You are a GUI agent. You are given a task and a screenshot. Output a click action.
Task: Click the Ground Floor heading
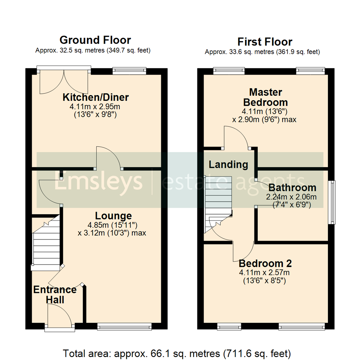95,40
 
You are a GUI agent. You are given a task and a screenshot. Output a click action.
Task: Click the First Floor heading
265,42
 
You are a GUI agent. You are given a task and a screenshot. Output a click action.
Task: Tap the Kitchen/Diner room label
96,98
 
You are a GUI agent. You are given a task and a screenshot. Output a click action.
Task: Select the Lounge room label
113,216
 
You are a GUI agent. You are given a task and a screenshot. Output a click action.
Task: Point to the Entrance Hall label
55,294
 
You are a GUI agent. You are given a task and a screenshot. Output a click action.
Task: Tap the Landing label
228,164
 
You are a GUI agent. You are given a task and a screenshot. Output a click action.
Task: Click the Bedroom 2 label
265,264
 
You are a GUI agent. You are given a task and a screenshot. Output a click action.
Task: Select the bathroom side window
332,202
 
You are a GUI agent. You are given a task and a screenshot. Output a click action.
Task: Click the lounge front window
124,327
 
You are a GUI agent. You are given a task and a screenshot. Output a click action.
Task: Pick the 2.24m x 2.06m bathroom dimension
291,197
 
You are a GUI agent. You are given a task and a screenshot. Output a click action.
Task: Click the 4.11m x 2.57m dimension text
264,273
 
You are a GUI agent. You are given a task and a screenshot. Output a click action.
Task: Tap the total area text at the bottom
177,353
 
